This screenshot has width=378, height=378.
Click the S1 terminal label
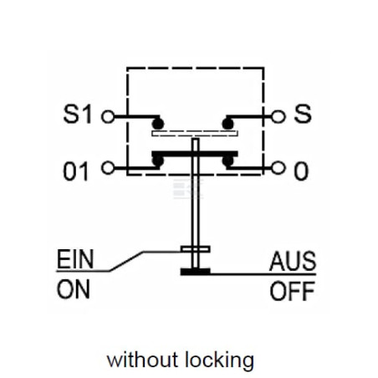click(78, 114)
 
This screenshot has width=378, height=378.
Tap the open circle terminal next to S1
click(108, 116)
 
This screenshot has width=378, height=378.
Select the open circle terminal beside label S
click(278, 116)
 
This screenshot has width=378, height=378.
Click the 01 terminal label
click(76, 171)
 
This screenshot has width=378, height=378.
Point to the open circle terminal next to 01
click(108, 168)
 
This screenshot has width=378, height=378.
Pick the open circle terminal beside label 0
click(278, 168)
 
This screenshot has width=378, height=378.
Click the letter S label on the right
click(303, 114)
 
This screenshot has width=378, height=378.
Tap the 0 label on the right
click(301, 171)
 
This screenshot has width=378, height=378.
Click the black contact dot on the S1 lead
click(158, 124)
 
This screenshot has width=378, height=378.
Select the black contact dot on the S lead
click(228, 124)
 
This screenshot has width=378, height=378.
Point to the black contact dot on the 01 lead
click(158, 161)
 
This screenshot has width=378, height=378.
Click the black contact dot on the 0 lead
click(228, 161)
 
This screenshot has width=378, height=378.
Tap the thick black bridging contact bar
click(195, 154)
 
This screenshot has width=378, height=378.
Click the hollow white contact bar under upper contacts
click(195, 134)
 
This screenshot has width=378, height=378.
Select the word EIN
click(75, 259)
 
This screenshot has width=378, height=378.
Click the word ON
click(74, 289)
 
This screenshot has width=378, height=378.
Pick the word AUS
click(293, 261)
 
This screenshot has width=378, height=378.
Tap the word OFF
click(293, 291)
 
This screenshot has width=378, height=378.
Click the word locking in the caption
click(219, 360)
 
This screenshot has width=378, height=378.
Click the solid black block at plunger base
click(196, 272)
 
